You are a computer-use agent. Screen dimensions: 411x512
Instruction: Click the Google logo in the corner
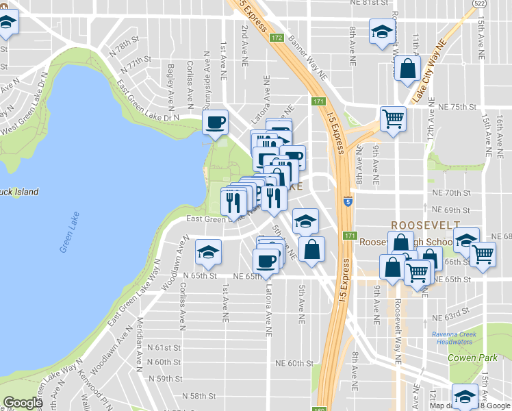(23, 403)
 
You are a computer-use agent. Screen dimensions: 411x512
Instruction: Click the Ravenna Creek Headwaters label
(459, 338)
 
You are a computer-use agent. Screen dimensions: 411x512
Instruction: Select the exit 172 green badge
(277, 38)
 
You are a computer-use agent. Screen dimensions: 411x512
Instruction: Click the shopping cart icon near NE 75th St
(393, 119)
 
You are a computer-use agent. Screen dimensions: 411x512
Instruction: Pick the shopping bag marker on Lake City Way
(407, 70)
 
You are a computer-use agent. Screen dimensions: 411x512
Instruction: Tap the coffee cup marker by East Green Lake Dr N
(216, 123)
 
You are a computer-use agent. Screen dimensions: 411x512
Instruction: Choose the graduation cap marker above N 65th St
(208, 251)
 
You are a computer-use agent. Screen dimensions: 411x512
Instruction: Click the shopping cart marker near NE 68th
(483, 254)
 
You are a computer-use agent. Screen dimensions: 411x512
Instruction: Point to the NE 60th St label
(294, 363)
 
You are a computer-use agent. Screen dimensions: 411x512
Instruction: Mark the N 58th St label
(199, 396)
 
